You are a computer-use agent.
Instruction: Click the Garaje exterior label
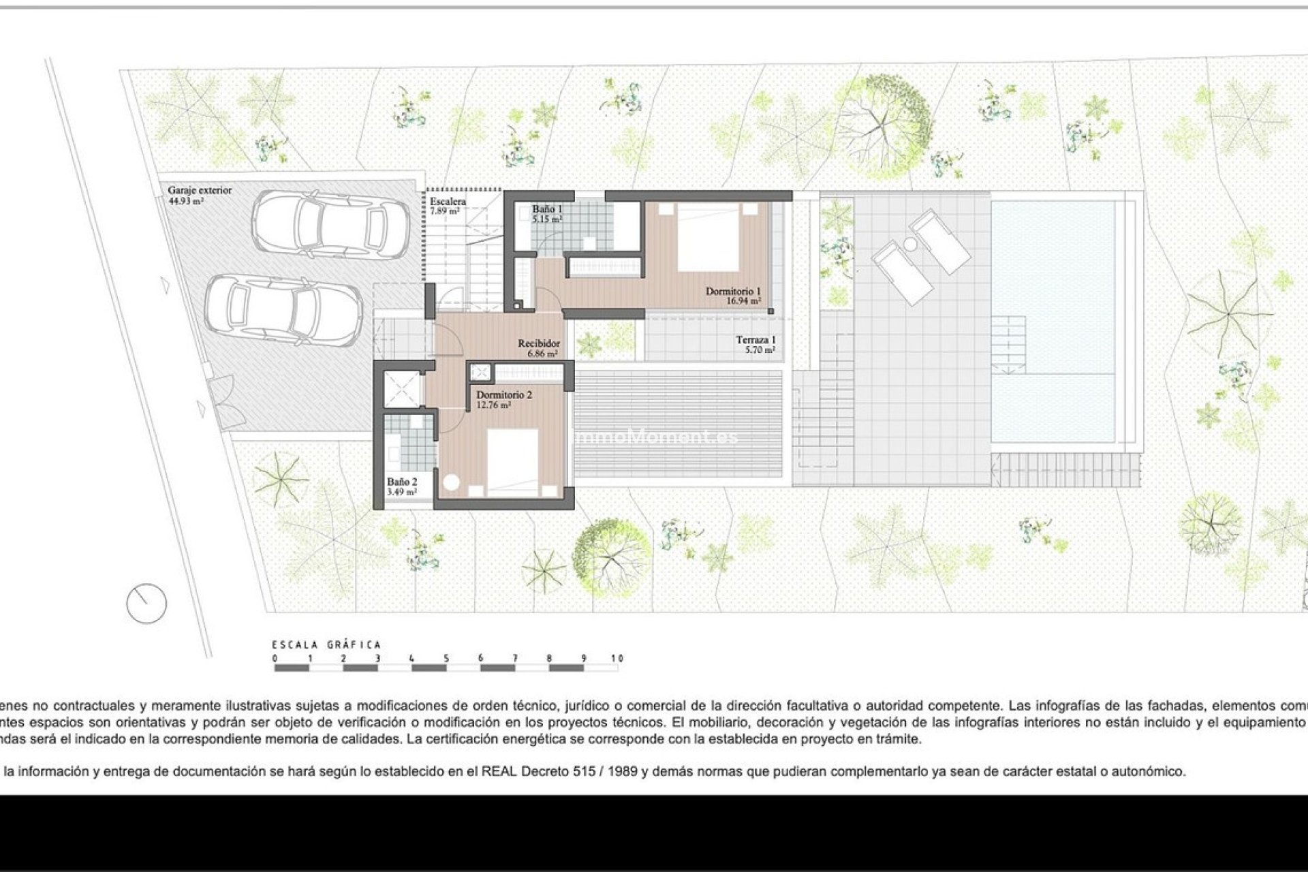pos(200,195)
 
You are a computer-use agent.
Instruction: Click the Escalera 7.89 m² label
pos(448,206)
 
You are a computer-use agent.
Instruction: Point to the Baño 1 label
pos(547,214)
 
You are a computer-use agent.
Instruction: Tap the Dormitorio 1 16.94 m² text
pos(733,296)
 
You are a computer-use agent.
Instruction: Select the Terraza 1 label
pos(756,344)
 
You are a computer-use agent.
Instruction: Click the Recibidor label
pos(539,348)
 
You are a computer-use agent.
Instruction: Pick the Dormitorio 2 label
pos(503,399)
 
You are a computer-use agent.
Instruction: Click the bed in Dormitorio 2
pos(513,460)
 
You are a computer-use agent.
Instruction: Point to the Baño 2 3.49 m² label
pos(402,486)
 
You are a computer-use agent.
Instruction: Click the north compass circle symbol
pos(146,603)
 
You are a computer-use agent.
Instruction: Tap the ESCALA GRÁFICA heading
pos(326,644)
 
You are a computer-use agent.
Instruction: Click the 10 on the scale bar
pos(617,659)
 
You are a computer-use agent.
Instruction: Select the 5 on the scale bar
pos(446,659)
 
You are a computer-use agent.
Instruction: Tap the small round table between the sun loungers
pos(909,244)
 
